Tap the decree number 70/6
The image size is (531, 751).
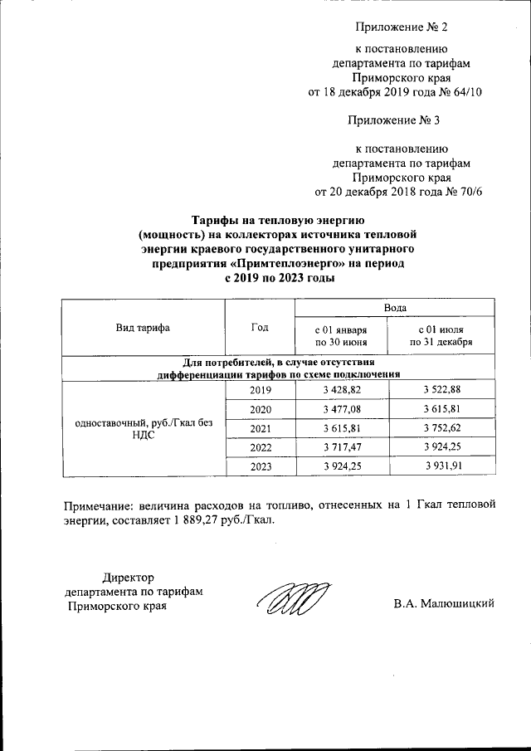click(465, 192)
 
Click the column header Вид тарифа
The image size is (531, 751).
click(144, 327)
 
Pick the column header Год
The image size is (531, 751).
click(260, 327)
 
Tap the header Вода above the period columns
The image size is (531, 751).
click(394, 309)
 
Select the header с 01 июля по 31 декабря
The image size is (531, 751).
click(441, 335)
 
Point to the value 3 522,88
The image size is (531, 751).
click(441, 390)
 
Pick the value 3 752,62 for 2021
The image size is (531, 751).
click(441, 430)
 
